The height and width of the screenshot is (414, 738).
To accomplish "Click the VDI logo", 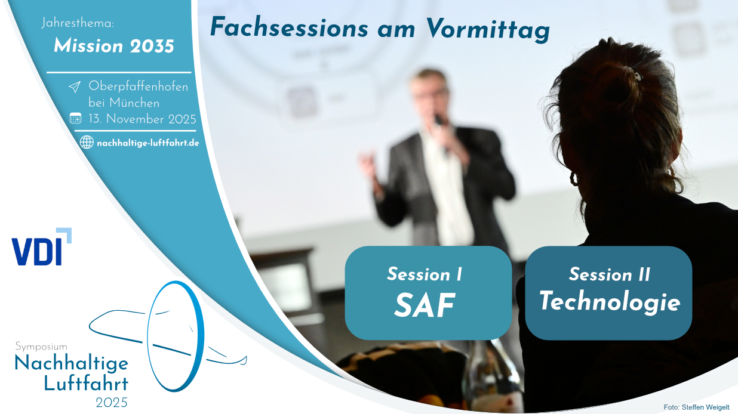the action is coord(42,247).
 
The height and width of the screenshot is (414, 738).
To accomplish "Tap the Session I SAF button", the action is coord(428,293).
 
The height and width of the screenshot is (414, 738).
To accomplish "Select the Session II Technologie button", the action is coord(608,293).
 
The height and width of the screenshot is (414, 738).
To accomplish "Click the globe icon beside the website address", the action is coord(87,142).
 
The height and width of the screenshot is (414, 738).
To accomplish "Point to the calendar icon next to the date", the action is coord(75,118).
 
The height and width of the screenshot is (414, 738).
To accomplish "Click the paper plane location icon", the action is coord(75,87).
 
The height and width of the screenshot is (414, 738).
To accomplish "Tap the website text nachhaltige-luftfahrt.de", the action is coord(148,143).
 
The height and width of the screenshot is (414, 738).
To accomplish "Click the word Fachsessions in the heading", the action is coord(289,27).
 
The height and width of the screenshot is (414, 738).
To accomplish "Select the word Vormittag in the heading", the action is coord(488,29).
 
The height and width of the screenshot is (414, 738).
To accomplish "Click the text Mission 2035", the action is coord(114,46).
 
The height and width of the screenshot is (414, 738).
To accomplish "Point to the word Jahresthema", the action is coord(78,23).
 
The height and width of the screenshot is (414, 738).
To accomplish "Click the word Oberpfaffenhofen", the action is coord(139,86).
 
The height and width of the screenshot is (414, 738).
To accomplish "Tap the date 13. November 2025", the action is coord(142,119).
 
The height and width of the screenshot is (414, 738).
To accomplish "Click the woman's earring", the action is coord(574,180).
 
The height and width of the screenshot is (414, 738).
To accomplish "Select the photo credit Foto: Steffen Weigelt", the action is coord(696,407).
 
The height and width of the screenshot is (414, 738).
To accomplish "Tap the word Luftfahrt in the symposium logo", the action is coord(86,384).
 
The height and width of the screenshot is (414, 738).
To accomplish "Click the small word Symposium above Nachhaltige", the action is coord(41,347).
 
